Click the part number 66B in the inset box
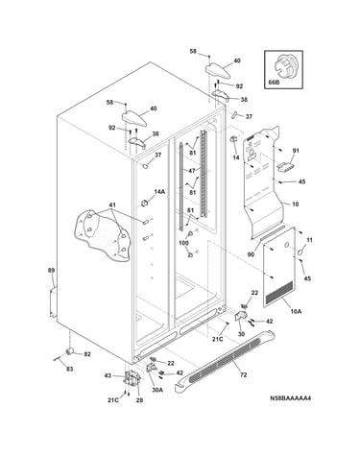[x=273, y=83]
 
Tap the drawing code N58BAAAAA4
[x=290, y=398]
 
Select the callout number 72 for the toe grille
[x=244, y=374]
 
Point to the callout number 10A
[x=296, y=311]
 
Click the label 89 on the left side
[x=51, y=271]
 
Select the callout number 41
[x=111, y=204]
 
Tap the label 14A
[x=159, y=192]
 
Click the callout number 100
[x=183, y=243]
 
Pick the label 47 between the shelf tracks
[x=192, y=171]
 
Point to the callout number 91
[x=296, y=151]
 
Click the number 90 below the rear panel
[x=251, y=254]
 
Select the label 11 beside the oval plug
[x=309, y=240]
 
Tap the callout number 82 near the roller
[x=87, y=354]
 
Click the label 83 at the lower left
[x=69, y=369]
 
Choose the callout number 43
[x=108, y=375]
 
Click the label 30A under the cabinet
[x=157, y=390]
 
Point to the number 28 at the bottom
[x=139, y=400]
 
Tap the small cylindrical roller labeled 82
[x=69, y=351]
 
